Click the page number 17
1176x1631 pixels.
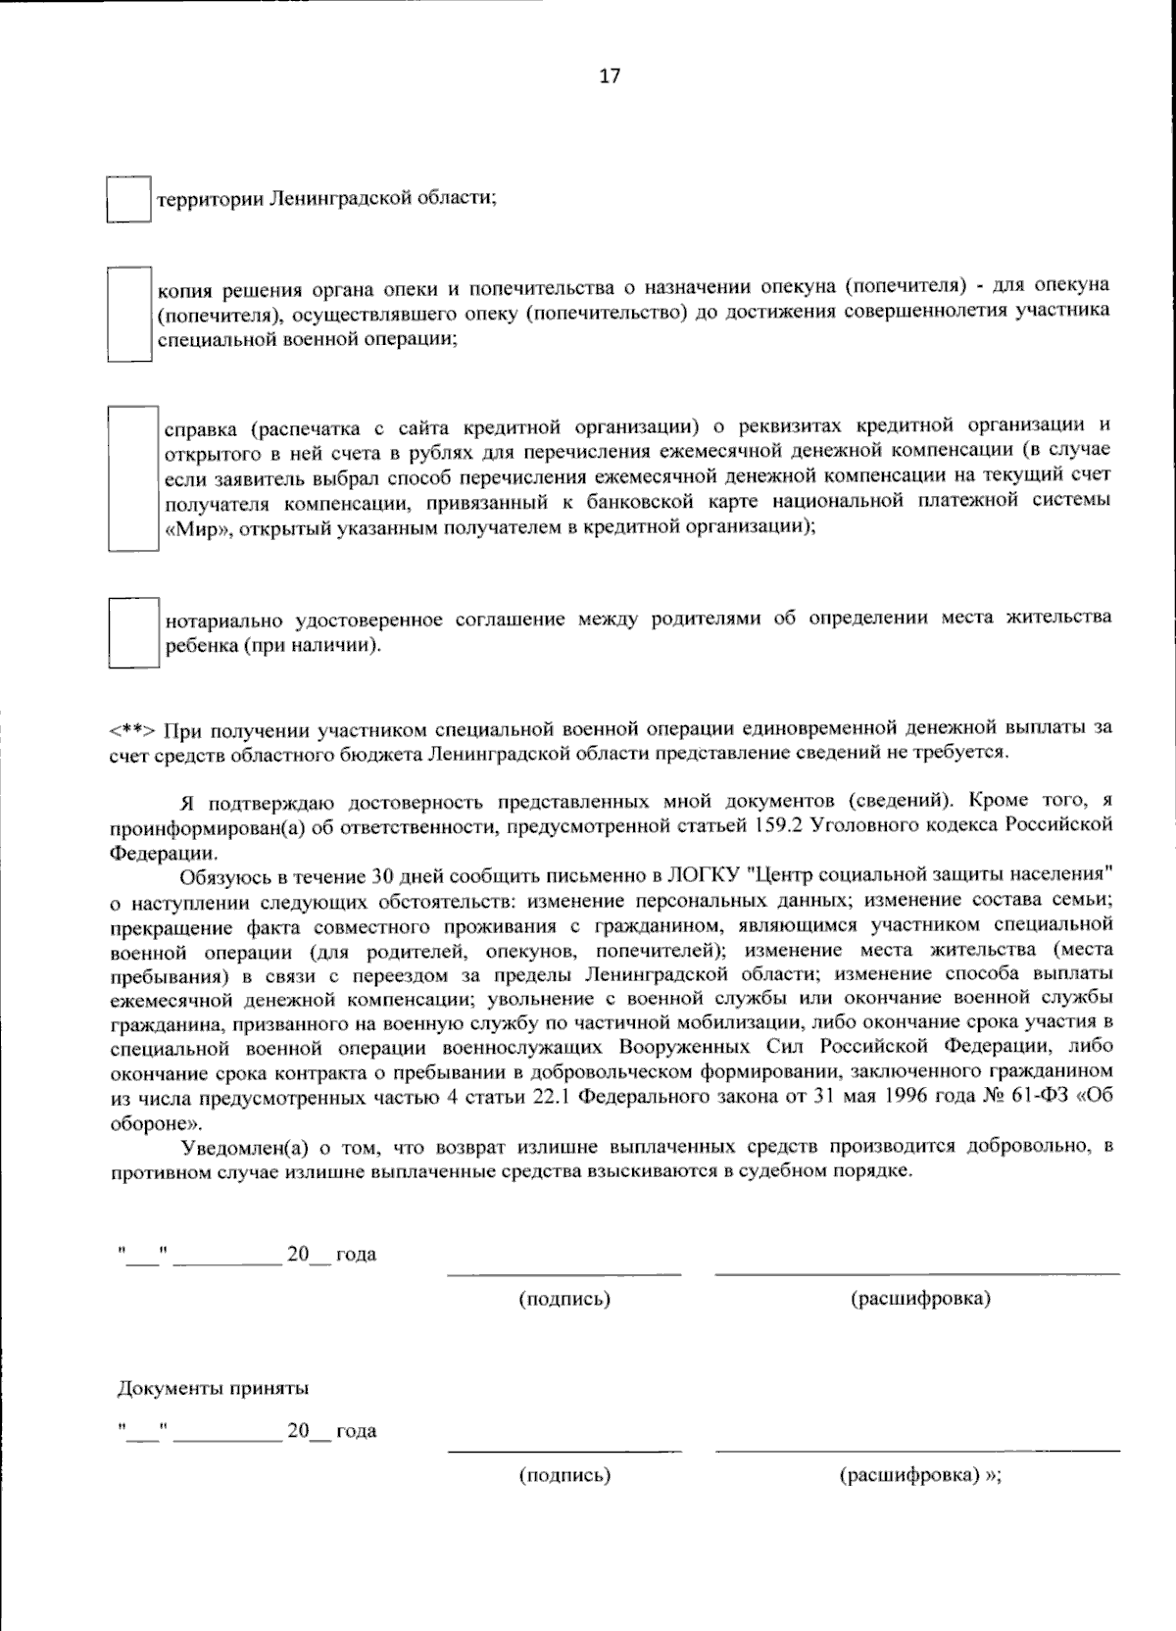coord(609,76)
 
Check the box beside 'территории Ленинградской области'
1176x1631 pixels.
coord(127,199)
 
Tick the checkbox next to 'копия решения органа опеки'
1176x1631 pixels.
coord(129,314)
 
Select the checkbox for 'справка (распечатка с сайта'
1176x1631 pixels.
coord(133,478)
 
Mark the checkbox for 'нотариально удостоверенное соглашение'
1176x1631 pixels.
coord(133,632)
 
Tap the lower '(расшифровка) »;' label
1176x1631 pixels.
coord(920,1476)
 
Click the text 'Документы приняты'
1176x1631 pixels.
coord(213,1388)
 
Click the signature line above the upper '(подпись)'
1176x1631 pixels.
coord(563,1275)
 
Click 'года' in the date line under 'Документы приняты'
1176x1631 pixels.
coord(356,1431)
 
